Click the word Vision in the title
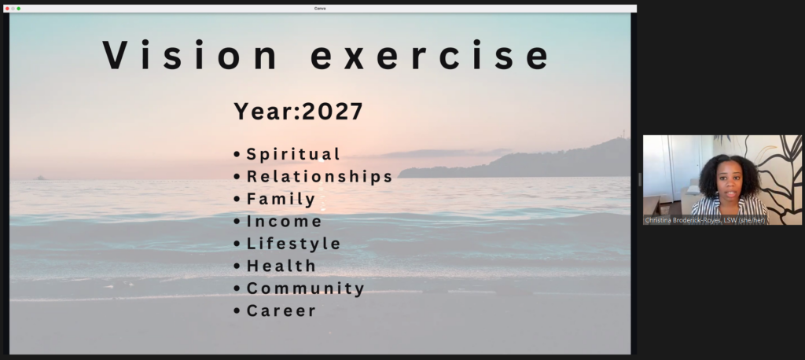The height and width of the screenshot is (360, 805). pos(189,54)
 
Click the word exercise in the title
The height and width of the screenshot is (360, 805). pos(430,54)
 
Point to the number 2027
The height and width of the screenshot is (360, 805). pos(333,111)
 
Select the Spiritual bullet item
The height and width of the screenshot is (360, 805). pos(293,154)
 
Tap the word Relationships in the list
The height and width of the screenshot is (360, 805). pos(319,176)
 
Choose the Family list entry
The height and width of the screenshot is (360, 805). pos(281,199)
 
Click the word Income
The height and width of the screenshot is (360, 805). pos(285,222)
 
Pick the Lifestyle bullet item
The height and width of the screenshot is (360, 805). pos(294,244)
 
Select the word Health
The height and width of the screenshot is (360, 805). pos(281,266)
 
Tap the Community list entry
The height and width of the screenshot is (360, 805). pos(306,288)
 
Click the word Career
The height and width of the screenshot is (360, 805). pos(281,310)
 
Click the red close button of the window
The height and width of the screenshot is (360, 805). pos(7,9)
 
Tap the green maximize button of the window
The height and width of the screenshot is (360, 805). pos(19,9)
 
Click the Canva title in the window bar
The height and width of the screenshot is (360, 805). pos(320,9)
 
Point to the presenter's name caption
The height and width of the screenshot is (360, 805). pos(705,220)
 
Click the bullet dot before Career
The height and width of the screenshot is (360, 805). pos(237,310)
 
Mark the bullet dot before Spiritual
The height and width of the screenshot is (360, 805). pos(237,154)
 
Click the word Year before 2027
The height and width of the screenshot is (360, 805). pos(264,111)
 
